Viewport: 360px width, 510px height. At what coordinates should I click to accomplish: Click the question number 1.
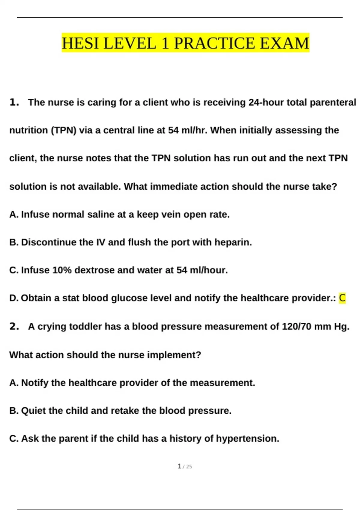[x=14, y=102]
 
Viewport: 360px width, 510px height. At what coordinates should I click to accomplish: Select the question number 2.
[x=14, y=326]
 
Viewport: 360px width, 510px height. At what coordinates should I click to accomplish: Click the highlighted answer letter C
[x=342, y=298]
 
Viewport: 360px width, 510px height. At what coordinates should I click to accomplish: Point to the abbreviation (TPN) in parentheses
[x=64, y=130]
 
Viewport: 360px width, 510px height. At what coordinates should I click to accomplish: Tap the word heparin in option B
[x=233, y=242]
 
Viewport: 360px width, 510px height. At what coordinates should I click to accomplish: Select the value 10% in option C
[x=62, y=270]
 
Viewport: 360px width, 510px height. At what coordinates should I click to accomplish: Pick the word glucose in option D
[x=129, y=298]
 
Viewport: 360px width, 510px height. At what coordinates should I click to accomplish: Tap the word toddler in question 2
[x=85, y=326]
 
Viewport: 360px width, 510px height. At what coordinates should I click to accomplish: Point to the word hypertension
[x=247, y=438]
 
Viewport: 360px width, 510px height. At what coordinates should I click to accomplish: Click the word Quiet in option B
[x=33, y=410]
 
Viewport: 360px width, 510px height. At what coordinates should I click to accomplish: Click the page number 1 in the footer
[x=179, y=466]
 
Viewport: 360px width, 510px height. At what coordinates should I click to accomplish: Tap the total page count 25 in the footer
[x=189, y=466]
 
